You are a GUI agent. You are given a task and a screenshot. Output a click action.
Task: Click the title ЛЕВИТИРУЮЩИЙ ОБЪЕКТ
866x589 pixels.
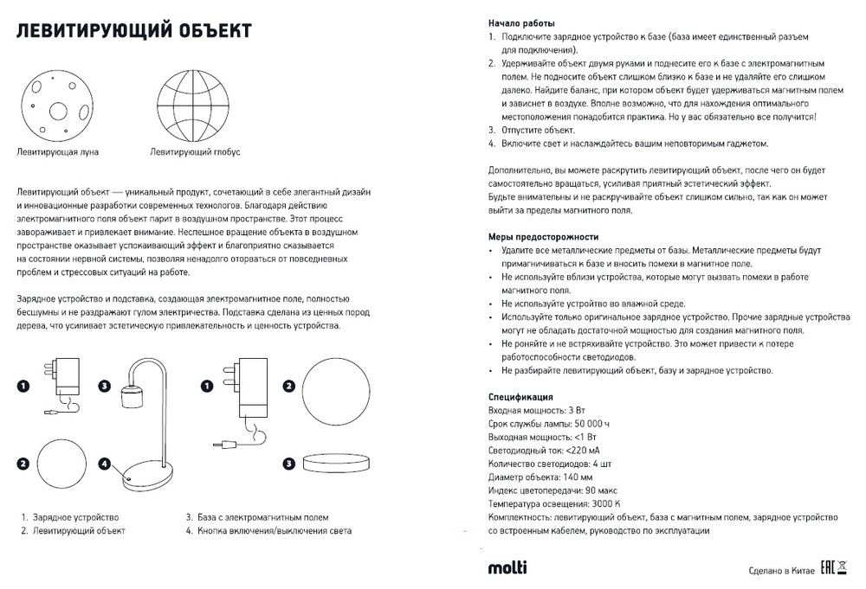point(134,32)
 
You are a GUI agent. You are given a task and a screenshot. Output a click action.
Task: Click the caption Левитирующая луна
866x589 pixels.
point(58,151)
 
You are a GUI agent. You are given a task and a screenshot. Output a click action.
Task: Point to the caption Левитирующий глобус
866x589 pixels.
point(195,151)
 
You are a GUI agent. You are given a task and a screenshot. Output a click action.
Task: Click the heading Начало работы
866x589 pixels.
point(522,23)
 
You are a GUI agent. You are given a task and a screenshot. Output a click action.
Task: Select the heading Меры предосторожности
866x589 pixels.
point(543,236)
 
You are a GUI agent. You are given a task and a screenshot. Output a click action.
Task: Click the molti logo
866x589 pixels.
point(507,567)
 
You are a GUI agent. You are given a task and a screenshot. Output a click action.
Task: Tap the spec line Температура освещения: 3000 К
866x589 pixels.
point(554,503)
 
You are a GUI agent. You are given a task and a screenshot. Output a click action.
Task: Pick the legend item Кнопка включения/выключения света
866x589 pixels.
point(275,530)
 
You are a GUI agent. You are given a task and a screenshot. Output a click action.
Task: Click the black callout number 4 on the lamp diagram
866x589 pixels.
point(104,464)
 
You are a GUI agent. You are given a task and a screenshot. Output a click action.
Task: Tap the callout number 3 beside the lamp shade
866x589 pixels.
point(104,386)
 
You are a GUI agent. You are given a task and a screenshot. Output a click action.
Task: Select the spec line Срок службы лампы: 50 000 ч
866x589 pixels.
point(549,424)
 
